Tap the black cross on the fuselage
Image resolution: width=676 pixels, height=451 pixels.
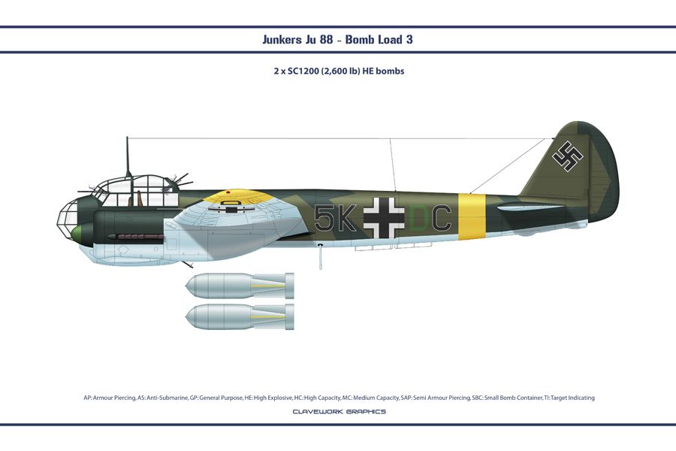[384, 219]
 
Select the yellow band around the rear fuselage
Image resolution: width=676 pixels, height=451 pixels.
[472, 216]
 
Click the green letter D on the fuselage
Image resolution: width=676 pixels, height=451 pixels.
[418, 218]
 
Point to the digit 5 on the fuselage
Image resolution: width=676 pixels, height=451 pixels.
[324, 218]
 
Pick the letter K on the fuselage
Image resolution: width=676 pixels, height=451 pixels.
[346, 218]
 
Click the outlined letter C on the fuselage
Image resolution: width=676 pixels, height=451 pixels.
[441, 218]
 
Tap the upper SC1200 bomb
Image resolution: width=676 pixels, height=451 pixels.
[240, 286]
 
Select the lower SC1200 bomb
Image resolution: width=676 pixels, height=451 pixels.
[240, 316]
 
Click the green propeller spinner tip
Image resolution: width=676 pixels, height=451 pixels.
[77, 235]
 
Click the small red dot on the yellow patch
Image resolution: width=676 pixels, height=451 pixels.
[228, 192]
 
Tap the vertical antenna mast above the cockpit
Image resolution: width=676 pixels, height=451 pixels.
[128, 157]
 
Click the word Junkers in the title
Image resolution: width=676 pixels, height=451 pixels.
[282, 40]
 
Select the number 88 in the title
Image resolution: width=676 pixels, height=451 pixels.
[327, 40]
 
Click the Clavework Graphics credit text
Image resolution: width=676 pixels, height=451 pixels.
[340, 411]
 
